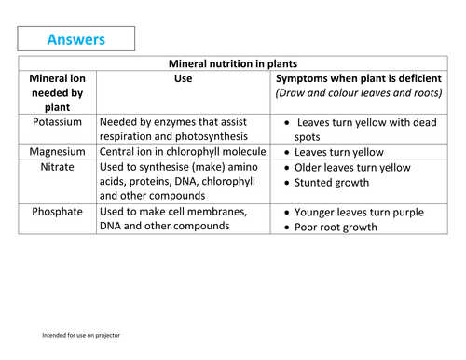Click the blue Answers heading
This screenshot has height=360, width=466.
coord(75,39)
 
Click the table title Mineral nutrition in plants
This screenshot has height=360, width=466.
coord(232,63)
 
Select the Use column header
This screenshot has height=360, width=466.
coord(184,79)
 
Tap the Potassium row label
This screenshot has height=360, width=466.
coord(57,122)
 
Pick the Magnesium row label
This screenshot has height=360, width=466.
coord(58,151)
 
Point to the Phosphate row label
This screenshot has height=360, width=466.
coord(58,212)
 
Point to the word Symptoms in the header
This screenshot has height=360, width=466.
coord(308,79)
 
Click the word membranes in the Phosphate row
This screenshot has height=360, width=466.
coord(215,212)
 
